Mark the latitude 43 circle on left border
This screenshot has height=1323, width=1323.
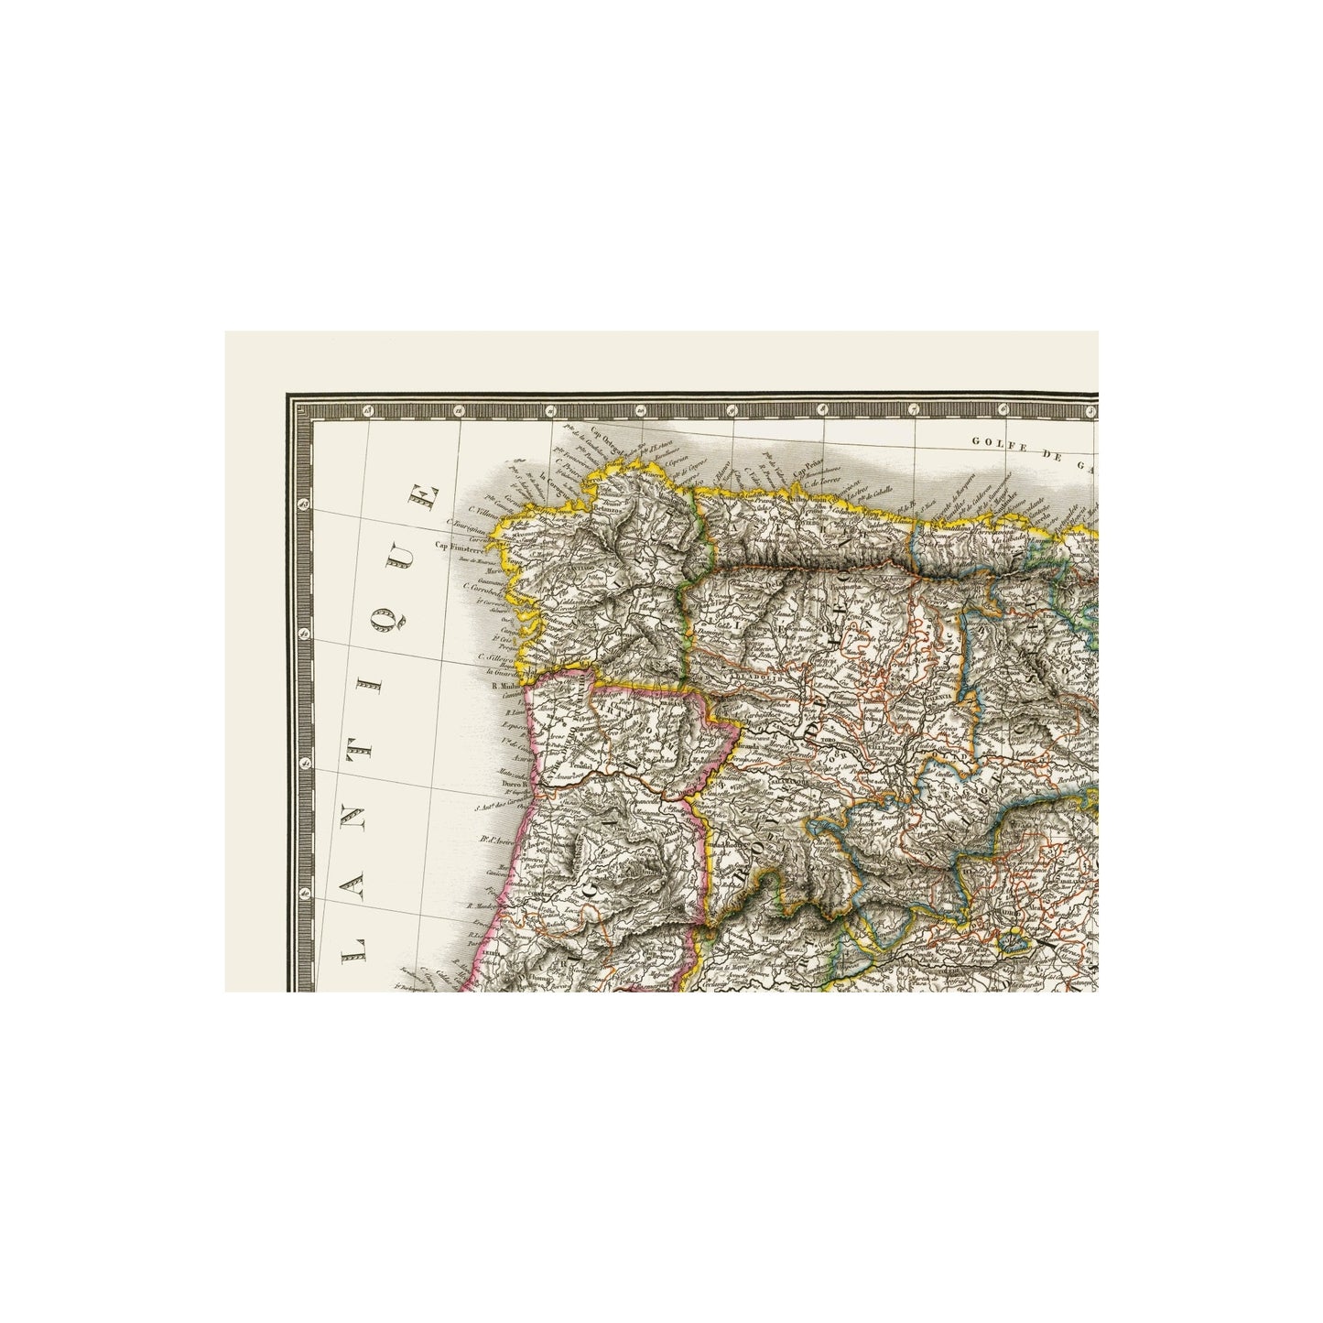304,503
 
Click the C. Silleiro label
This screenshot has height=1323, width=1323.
493,656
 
